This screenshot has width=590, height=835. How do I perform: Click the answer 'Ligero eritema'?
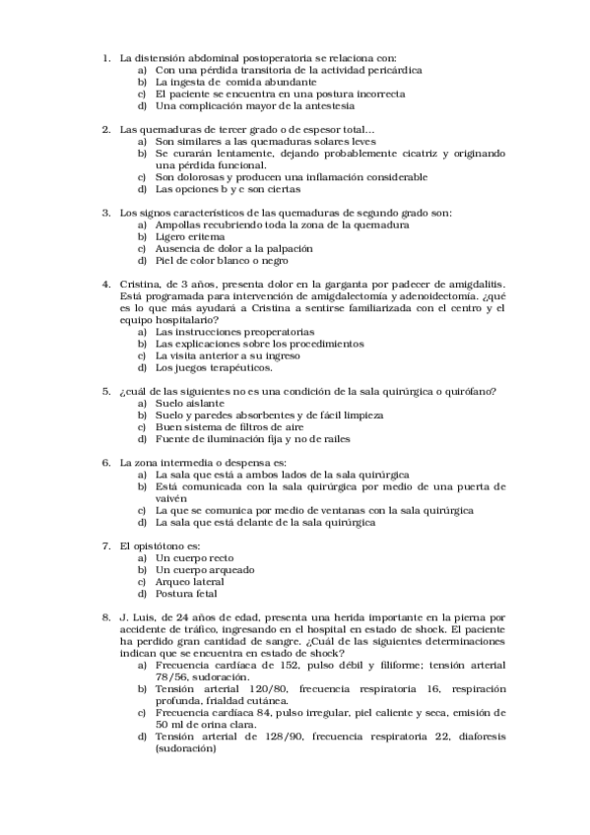click(190, 237)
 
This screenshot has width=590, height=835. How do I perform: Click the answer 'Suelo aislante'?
click(190, 403)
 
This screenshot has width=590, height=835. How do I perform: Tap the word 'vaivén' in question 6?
click(171, 498)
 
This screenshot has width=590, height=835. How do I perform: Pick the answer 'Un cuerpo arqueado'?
click(205, 569)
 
